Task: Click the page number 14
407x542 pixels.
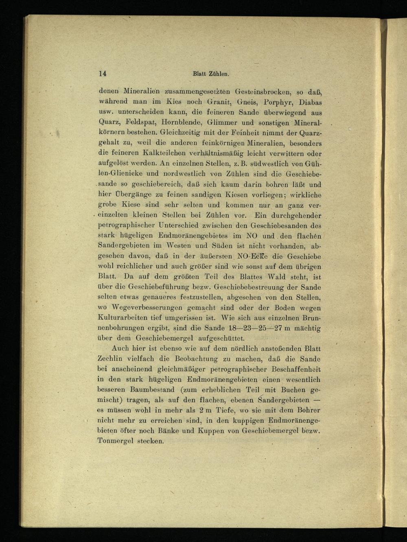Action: click(102, 74)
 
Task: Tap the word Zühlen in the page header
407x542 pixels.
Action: click(219, 74)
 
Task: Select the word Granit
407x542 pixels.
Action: click(219, 102)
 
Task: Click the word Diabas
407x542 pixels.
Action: click(310, 102)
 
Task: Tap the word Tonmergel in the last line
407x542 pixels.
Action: click(116, 441)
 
